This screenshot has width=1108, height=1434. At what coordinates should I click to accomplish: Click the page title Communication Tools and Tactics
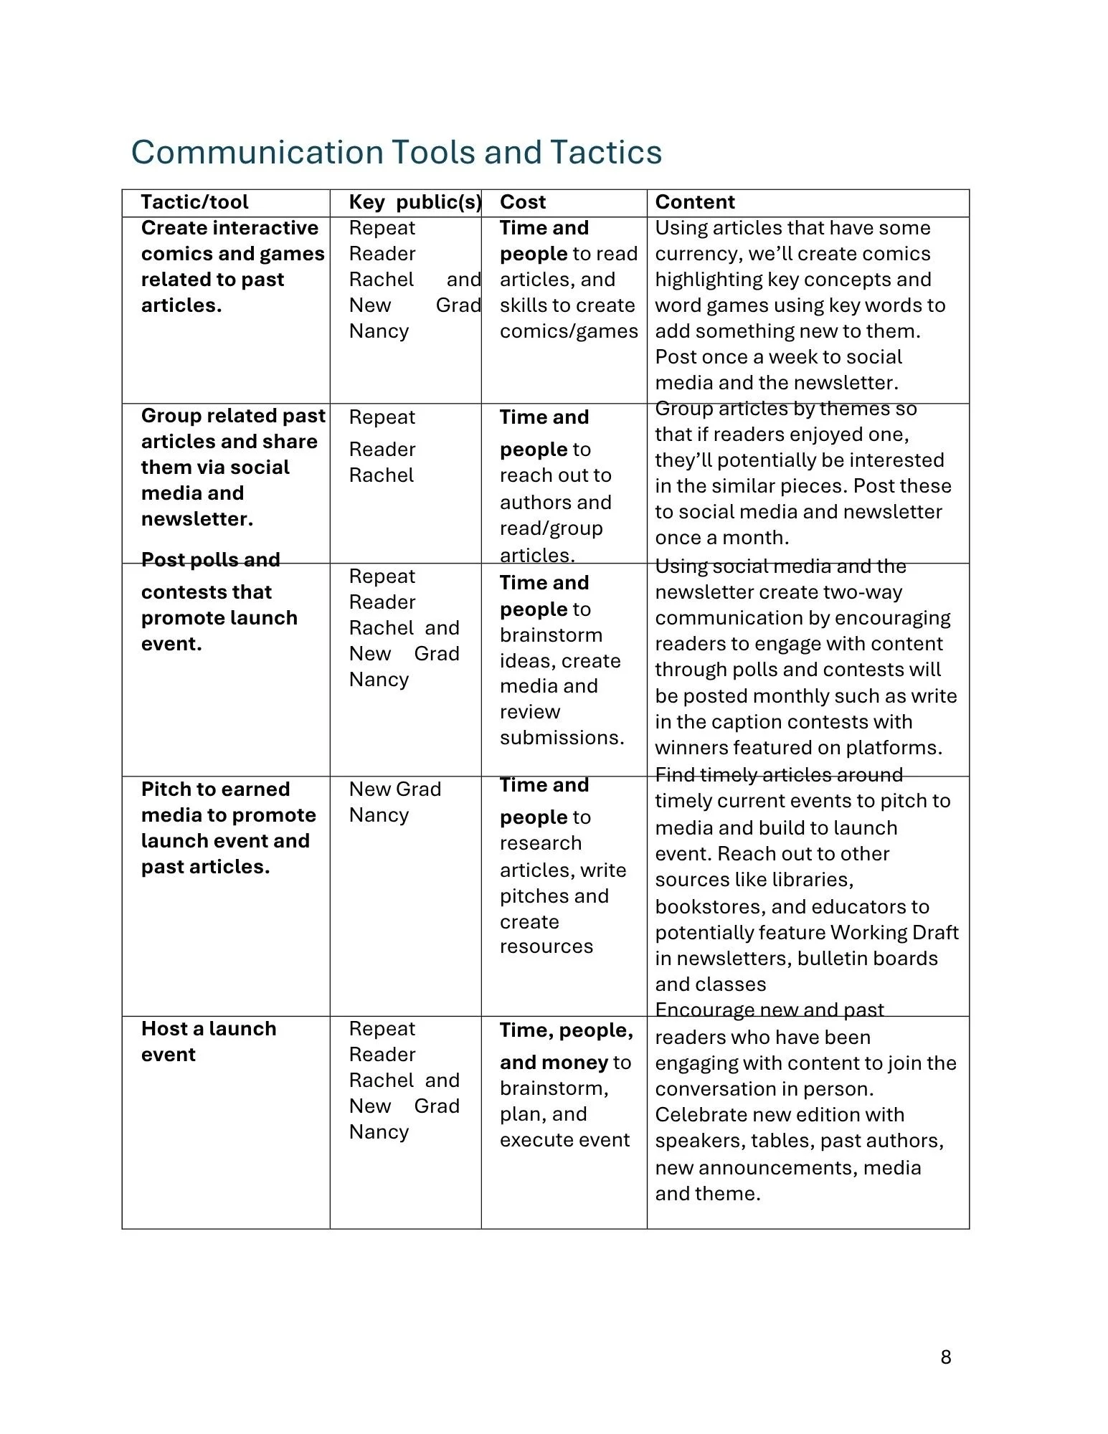tap(396, 152)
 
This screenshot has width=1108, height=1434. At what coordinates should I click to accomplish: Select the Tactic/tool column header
tap(194, 202)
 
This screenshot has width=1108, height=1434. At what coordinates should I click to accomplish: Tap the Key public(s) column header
tap(415, 202)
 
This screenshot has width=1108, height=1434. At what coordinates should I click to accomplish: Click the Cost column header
tap(522, 202)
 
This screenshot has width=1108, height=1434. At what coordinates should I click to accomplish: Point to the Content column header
tap(694, 202)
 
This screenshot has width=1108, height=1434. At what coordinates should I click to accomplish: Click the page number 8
tap(945, 1357)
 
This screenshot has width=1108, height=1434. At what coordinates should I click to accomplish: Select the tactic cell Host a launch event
tap(208, 1041)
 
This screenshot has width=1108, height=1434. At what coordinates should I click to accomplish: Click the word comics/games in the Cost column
tap(568, 331)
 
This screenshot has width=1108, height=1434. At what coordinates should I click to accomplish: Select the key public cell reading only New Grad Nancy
tap(394, 802)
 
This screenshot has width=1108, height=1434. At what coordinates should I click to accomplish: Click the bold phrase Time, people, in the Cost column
tap(566, 1030)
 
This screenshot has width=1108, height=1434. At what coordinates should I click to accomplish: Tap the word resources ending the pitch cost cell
tap(546, 946)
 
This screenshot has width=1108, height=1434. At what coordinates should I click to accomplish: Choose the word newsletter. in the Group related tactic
tap(196, 519)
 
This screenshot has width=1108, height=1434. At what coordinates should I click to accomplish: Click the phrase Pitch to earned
tap(215, 789)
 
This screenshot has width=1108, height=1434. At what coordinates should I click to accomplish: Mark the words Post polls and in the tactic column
tap(210, 559)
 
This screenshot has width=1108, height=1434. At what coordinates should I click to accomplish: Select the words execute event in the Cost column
tap(564, 1140)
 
